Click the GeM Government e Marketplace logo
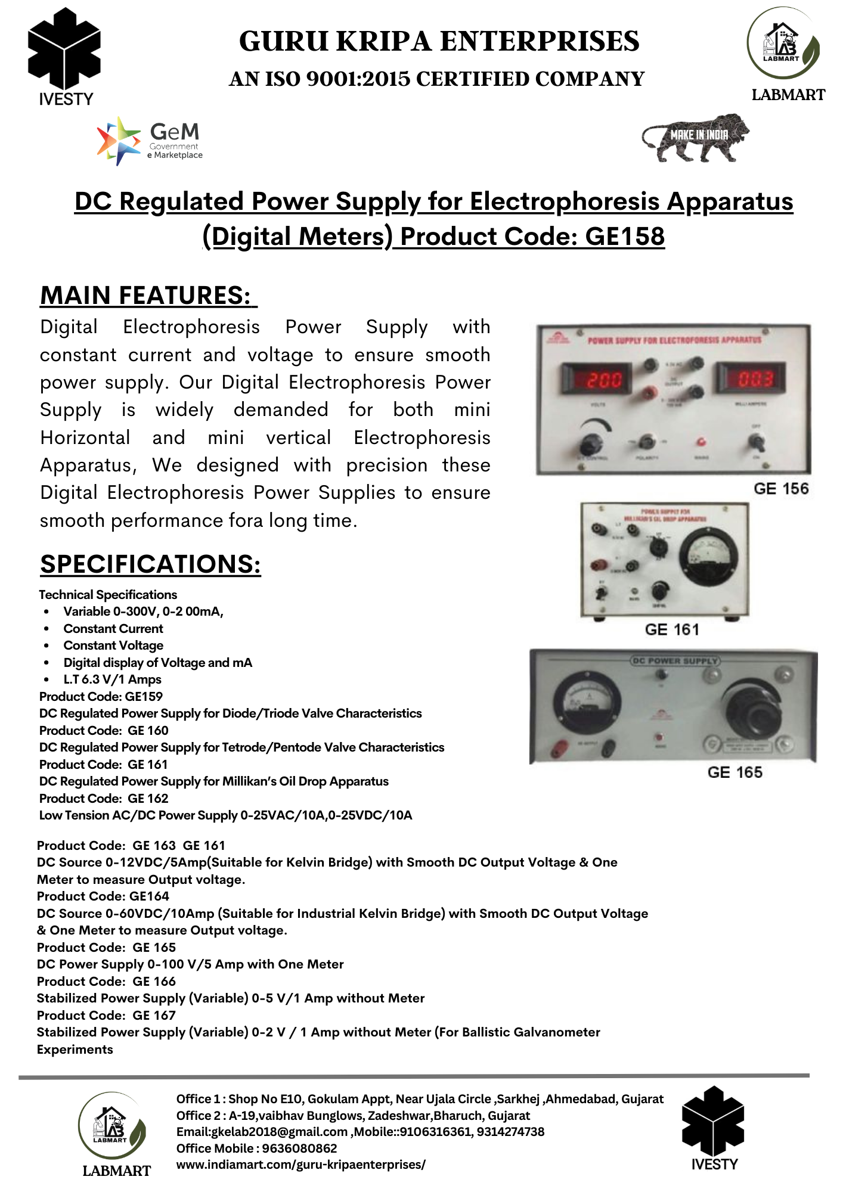coord(150,141)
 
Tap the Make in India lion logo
coord(695,138)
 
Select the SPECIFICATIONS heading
coord(150,564)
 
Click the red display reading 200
coord(597,379)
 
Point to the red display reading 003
coord(752,378)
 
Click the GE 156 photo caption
coord(780,489)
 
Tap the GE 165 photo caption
coord(734,772)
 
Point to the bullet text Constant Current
coord(113,629)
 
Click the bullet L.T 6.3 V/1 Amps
coord(112,679)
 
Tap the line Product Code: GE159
coord(101,697)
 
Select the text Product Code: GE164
coord(103,896)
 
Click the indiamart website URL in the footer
coord(300,1165)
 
